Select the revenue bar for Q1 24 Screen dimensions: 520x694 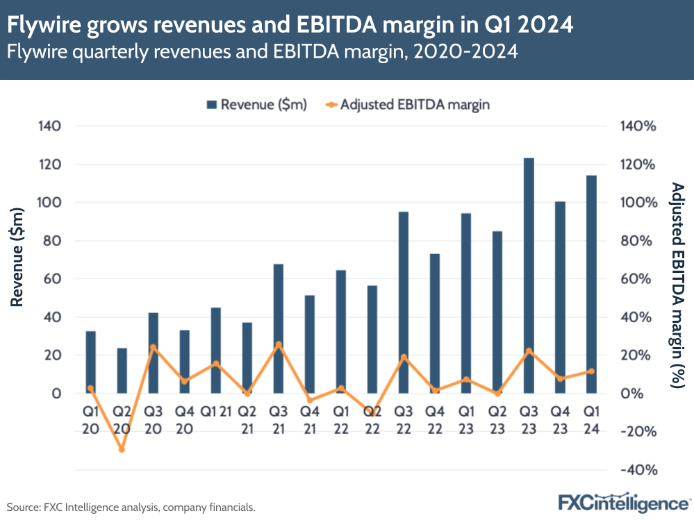591,284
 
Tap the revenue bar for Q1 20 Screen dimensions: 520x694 91,362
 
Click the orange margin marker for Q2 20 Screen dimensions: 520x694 122,449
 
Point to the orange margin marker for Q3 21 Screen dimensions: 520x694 279,344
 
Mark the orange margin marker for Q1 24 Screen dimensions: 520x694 591,371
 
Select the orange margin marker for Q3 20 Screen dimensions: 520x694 154,348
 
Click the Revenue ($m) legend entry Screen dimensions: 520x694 256,105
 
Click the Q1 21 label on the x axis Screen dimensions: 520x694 215,411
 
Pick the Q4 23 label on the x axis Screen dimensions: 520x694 560,420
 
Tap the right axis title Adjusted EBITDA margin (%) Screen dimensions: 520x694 678,285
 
